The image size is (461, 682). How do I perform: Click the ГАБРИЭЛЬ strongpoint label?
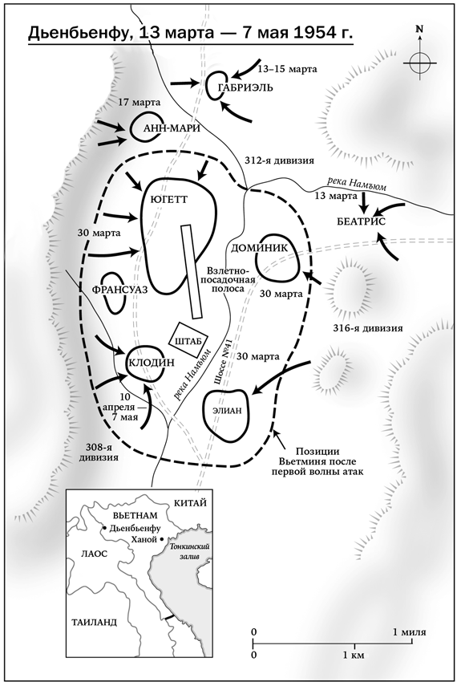click(245, 87)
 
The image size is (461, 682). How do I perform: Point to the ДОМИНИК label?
click(260, 248)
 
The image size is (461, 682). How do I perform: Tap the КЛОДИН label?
click(151, 363)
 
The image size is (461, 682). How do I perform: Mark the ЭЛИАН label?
click(227, 412)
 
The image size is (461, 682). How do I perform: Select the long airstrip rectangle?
click(192, 271)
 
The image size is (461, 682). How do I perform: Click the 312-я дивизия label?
click(278, 160)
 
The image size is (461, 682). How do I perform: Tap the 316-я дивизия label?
click(367, 328)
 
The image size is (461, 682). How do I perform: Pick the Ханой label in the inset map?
click(144, 540)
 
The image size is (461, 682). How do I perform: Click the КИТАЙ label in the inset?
click(190, 503)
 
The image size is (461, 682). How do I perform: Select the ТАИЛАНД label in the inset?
click(94, 622)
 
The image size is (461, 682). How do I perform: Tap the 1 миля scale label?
click(409, 632)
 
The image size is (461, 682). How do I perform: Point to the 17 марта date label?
click(140, 103)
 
